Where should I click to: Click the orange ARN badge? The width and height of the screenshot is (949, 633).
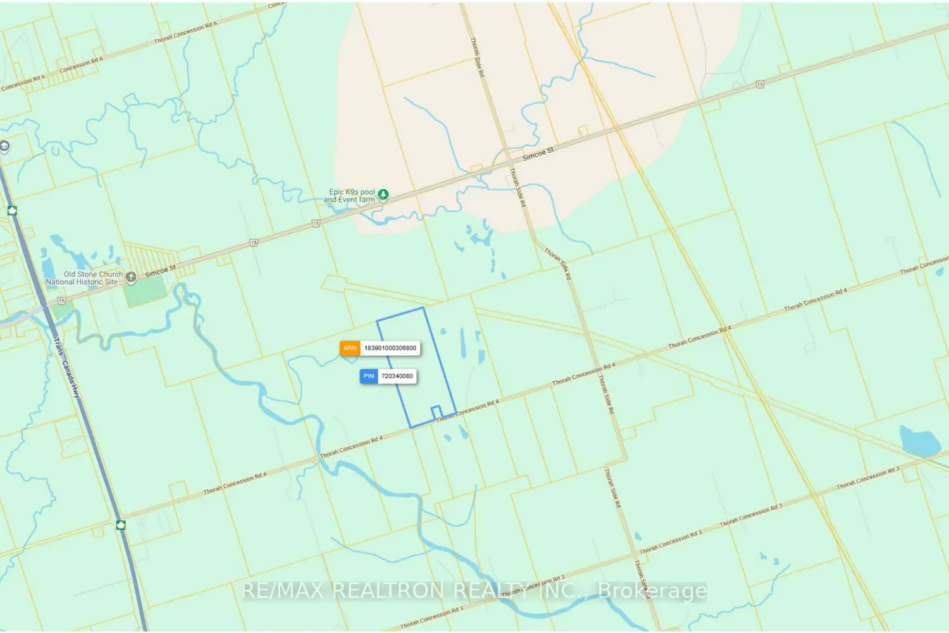coord(350,348)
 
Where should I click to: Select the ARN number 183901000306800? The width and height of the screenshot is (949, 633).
coord(390,348)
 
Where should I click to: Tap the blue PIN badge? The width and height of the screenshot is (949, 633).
coord(369,376)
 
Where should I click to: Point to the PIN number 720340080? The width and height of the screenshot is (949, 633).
coord(397,376)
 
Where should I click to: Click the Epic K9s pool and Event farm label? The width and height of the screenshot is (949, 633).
coord(350,196)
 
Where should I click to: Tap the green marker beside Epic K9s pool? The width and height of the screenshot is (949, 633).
coord(383,195)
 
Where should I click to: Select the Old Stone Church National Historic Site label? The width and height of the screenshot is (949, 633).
coord(84,278)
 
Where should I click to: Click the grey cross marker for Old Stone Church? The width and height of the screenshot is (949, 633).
coord(131,277)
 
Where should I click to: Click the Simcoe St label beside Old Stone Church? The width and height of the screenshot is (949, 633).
coord(160,272)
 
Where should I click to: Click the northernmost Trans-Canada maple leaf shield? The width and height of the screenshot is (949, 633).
coord(12,210)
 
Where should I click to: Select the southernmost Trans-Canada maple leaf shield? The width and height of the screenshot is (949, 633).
coord(121,525)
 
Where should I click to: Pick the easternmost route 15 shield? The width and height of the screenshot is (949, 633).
coord(760,84)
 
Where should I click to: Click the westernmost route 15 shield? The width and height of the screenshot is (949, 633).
coord(61,301)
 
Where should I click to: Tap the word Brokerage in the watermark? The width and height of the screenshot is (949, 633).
coord(652,591)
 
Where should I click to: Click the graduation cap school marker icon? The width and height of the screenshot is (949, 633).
coord(4,147)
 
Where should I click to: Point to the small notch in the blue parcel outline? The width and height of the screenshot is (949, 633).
coord(436,412)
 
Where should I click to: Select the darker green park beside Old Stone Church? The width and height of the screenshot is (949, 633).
coord(146,292)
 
